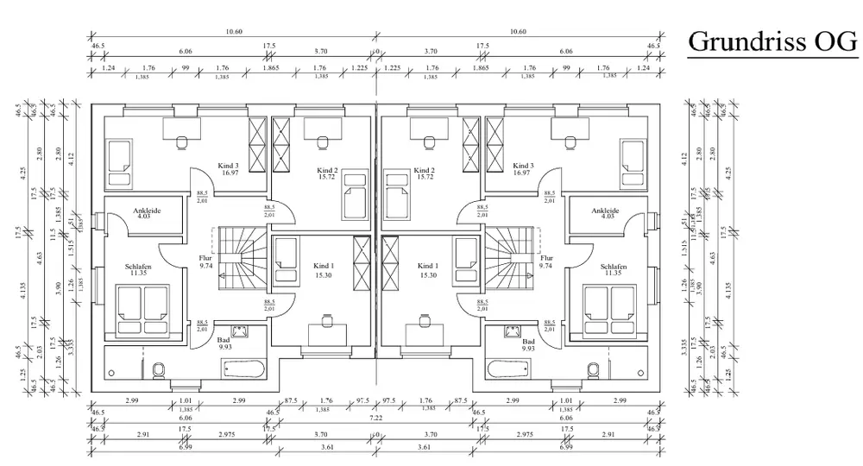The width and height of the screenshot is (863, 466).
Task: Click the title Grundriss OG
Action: [772, 42]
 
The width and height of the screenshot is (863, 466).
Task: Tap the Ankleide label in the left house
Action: [147, 210]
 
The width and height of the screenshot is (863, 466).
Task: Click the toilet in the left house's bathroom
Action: [158, 371]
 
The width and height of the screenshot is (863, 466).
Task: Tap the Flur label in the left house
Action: [205, 258]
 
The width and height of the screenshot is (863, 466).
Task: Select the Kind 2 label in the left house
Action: [327, 170]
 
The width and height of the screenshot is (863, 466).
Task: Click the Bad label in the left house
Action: [224, 340]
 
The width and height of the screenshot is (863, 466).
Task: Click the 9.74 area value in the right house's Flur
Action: [546, 268]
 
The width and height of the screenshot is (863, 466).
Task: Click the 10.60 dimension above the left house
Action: [233, 32]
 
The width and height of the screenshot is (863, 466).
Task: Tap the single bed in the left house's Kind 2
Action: [355, 196]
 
